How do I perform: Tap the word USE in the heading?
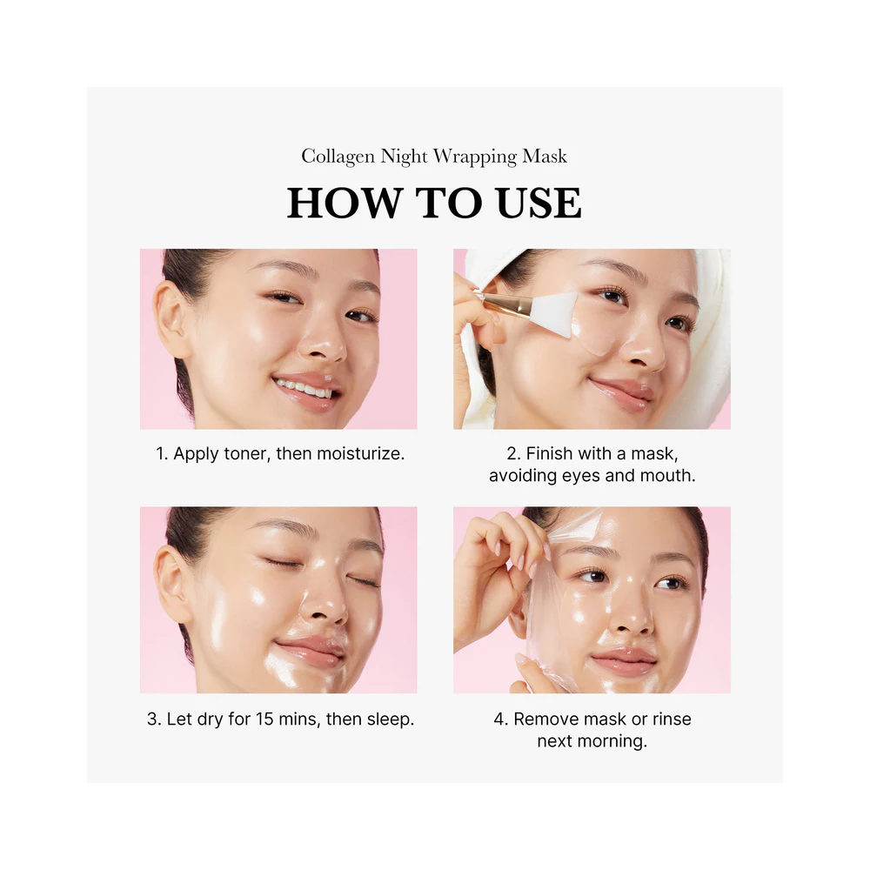tap(539, 203)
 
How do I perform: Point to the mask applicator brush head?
tap(556, 308)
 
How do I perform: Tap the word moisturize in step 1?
tap(356, 453)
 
